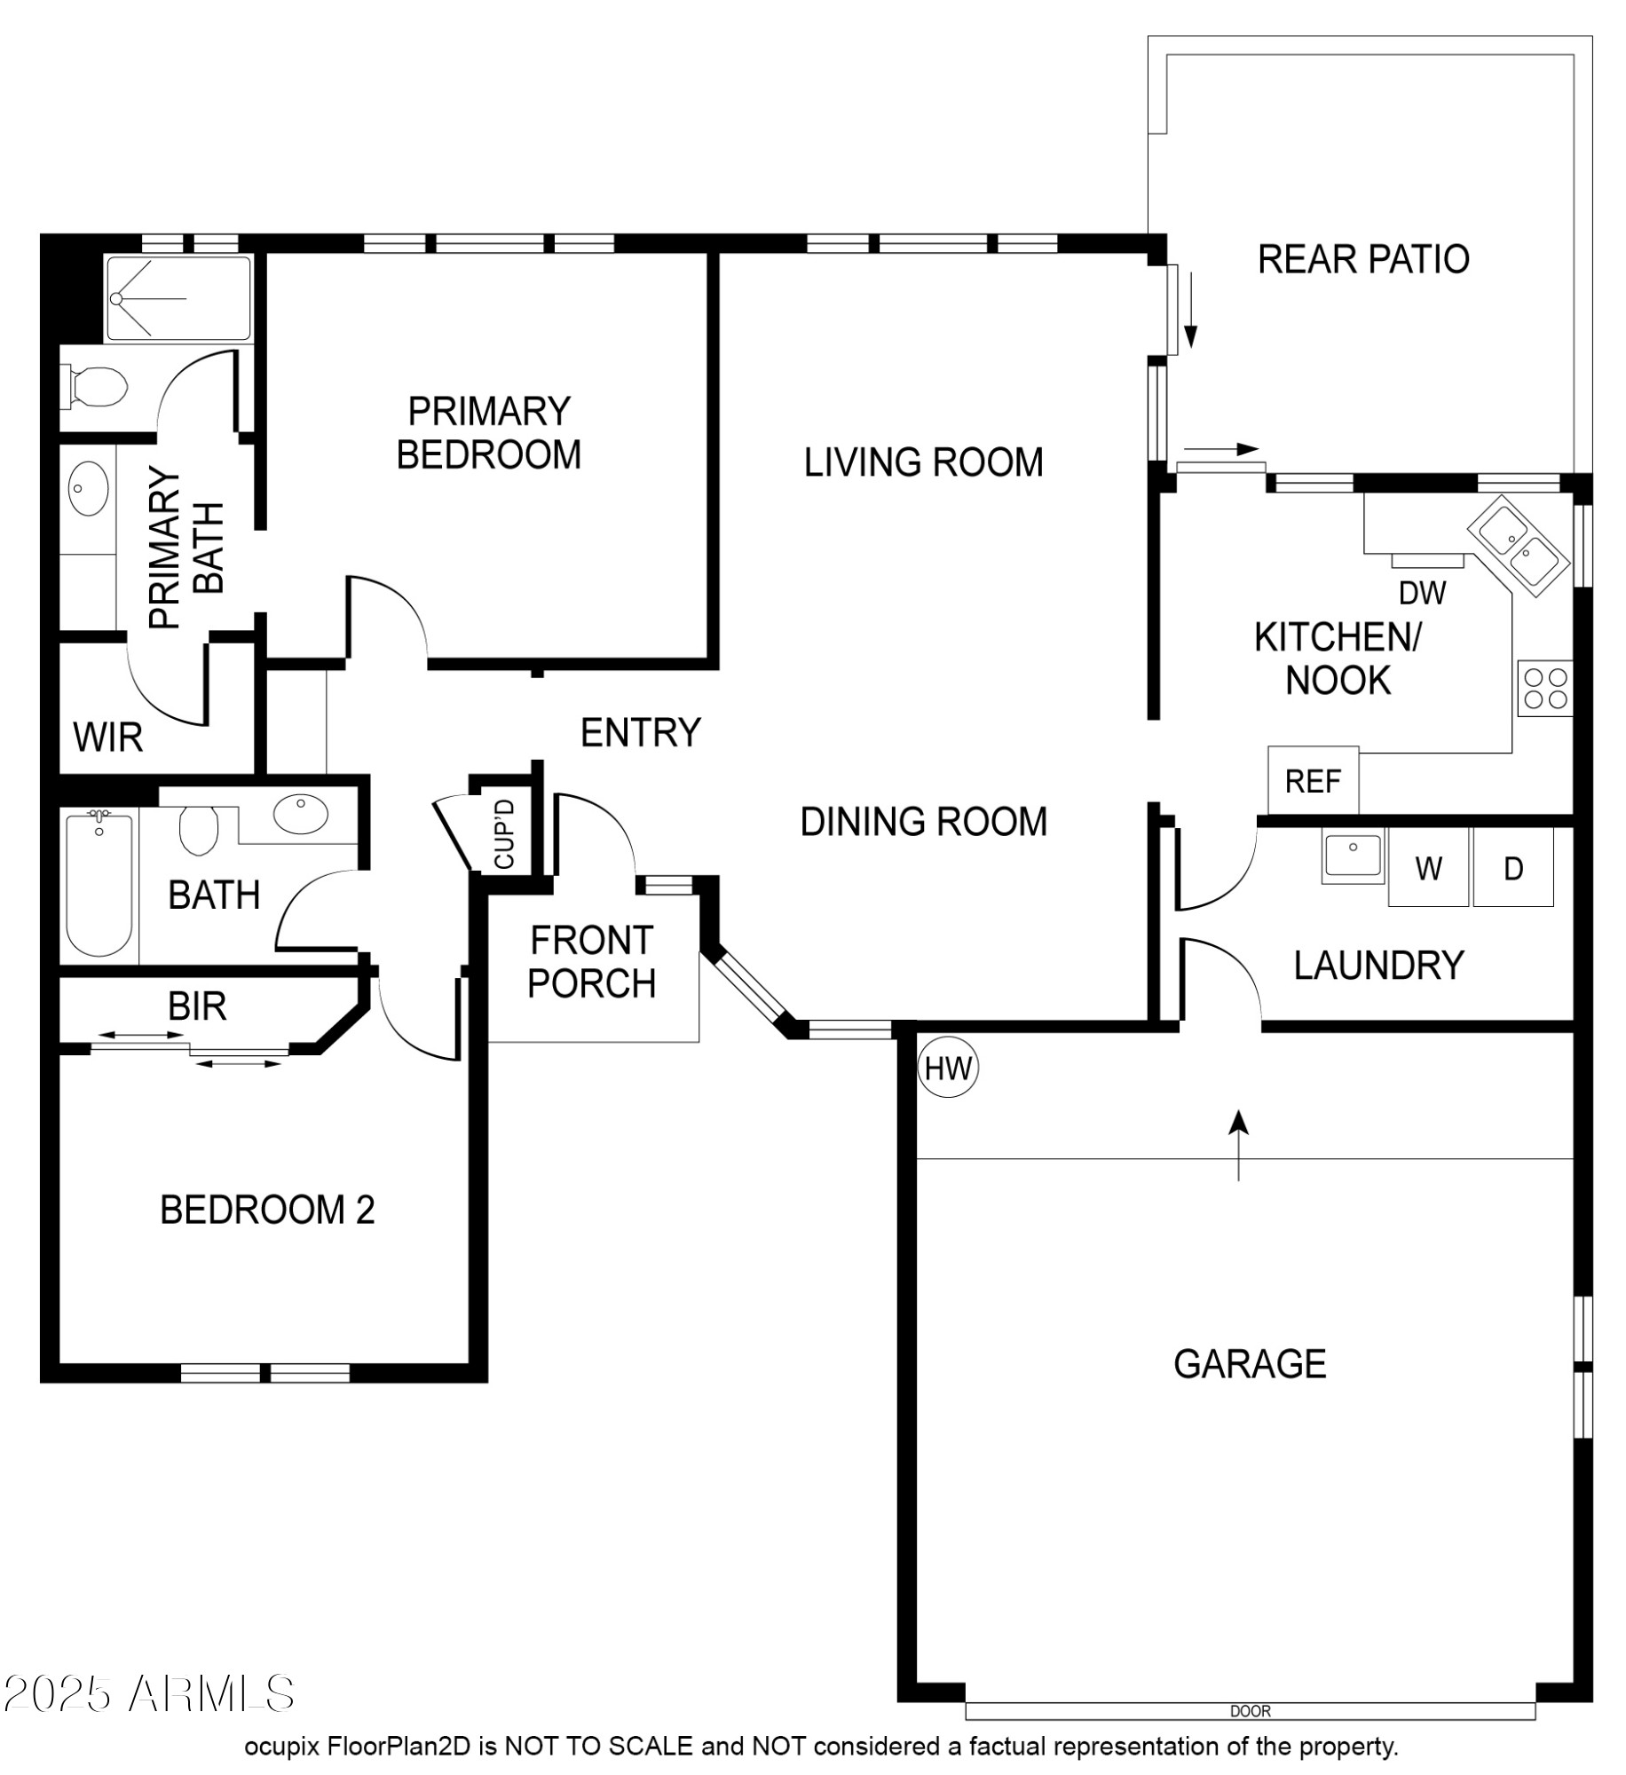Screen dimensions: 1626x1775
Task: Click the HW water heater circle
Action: click(948, 1067)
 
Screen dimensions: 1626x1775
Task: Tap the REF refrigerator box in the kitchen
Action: click(1313, 780)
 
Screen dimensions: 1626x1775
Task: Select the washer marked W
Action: click(1428, 867)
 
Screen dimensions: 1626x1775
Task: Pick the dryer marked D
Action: click(1513, 867)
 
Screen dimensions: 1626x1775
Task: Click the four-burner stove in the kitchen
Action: click(1544, 688)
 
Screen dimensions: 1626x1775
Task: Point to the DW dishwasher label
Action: click(1423, 593)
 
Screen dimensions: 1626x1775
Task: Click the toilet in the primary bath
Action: click(94, 388)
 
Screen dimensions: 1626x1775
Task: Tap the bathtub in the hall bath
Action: click(99, 884)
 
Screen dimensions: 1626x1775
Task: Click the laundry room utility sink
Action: click(1353, 857)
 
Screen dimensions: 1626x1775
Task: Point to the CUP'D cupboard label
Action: click(504, 834)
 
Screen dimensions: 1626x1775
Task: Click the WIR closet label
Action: click(107, 738)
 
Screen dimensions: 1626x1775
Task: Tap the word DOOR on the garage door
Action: click(1251, 1711)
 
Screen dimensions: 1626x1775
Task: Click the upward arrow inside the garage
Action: click(1239, 1145)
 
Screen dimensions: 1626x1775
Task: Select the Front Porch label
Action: click(592, 961)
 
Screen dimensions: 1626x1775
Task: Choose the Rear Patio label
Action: click(1363, 259)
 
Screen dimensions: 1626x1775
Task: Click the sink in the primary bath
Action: click(89, 487)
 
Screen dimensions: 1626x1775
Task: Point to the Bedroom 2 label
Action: click(267, 1210)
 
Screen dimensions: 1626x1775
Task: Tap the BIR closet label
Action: click(197, 1006)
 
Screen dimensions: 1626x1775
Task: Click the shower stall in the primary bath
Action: click(178, 299)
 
